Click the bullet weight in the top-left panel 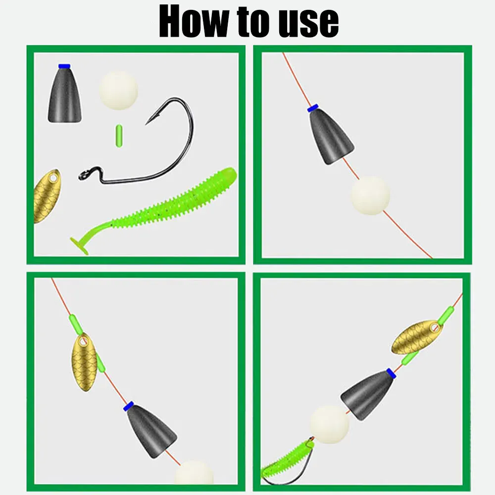click(65, 94)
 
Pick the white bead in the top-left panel click(118, 90)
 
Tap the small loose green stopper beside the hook click(119, 136)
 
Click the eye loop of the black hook click(85, 175)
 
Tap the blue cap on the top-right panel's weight click(312, 108)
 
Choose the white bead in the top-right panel click(371, 196)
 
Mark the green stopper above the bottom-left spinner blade click(76, 324)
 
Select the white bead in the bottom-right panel click(329, 424)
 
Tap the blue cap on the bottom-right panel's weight click(391, 373)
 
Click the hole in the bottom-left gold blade click(83, 341)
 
